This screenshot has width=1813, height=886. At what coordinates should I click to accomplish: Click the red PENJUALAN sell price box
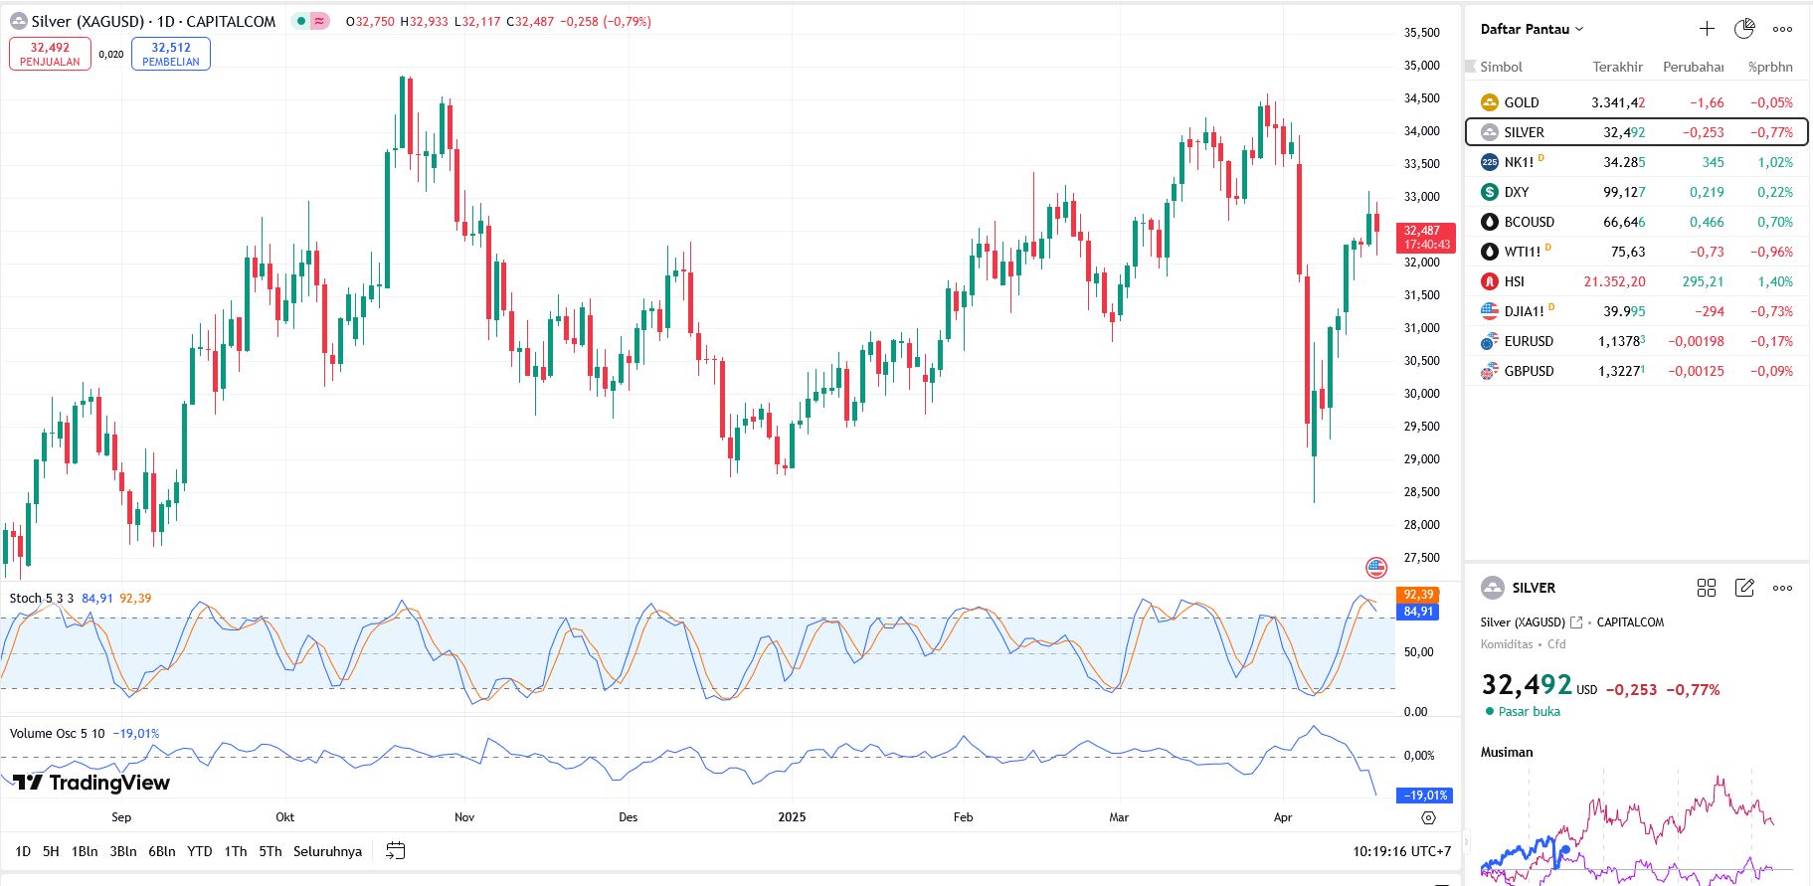pos(50,54)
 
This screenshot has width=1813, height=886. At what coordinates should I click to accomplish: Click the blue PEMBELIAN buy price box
pos(170,54)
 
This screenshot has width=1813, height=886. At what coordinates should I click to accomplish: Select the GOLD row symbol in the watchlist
pos(1521,102)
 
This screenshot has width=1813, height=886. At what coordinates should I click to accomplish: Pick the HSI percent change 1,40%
pos(1774,281)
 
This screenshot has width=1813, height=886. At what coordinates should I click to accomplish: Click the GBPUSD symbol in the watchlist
pos(1528,371)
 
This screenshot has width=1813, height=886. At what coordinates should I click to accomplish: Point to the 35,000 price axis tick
pos(1421,66)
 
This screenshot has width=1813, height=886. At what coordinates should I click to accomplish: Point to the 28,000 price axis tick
pos(1421,525)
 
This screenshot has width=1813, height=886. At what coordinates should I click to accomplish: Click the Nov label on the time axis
pos(464,817)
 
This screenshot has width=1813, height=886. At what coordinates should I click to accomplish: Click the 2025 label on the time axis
pos(792,817)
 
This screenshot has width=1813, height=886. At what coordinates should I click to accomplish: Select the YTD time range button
pos(200,851)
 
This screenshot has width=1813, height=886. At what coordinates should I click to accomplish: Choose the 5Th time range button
pos(271,851)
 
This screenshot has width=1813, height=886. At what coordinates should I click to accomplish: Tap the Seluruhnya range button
pos(327,851)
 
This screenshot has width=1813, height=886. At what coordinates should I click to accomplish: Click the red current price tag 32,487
pos(1425,238)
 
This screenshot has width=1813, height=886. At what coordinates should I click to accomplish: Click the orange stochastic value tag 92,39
pos(1418,595)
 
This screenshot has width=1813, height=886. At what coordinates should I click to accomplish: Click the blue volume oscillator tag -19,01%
pos(1425,796)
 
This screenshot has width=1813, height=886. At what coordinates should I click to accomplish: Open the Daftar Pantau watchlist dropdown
pos(1532,29)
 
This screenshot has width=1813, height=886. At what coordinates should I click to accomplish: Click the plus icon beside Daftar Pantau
pos(1707,29)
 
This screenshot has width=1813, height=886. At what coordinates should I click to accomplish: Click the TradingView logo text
pos(92,783)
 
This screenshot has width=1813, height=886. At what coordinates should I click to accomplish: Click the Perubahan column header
pos(1693,67)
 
